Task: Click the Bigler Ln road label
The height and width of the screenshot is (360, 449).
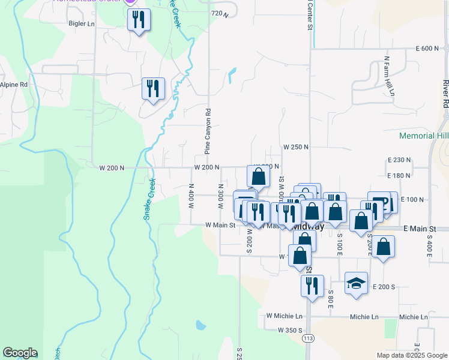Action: pos(82,24)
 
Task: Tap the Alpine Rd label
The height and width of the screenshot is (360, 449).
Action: pos(14,85)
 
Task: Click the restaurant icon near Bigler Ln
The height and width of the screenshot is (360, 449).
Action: pos(139,20)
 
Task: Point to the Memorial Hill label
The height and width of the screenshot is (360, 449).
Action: pos(424,136)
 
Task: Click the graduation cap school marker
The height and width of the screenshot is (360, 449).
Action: pos(356,283)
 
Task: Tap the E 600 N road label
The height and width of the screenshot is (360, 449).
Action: pos(427,49)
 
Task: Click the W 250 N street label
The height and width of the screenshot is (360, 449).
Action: pos(296,147)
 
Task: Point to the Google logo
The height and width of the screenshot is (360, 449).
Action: pos(20,353)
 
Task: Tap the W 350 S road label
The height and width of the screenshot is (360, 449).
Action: pos(290,330)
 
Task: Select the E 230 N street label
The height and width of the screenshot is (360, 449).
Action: pos(399,160)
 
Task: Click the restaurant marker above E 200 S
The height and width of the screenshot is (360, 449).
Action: pos(312,285)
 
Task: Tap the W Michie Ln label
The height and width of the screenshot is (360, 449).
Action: pos(285,316)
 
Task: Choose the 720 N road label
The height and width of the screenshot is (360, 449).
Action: pos(220,13)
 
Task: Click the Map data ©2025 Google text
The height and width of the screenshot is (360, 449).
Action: pos(411,355)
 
